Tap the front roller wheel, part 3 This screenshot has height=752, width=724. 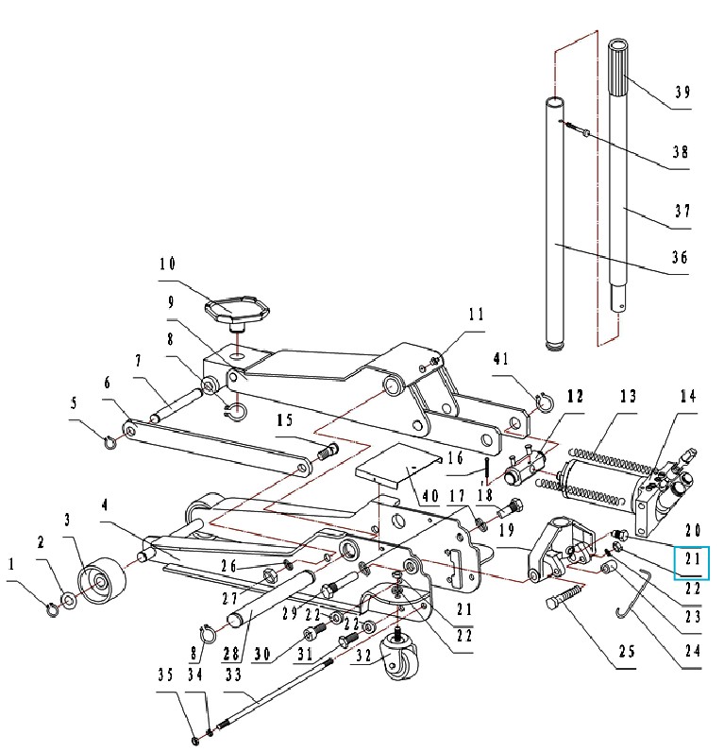coord(102,579)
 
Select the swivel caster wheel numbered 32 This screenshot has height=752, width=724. coord(400,658)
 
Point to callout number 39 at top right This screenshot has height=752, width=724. coord(682,92)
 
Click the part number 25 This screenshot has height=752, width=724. coord(627,652)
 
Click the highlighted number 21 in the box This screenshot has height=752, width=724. coord(692,559)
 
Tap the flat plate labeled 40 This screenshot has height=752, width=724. coord(397,464)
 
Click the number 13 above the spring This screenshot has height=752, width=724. coord(628,396)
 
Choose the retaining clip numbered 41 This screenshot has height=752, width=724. coord(544,402)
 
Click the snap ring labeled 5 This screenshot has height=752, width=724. coord(110,442)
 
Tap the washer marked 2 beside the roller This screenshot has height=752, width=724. coord(70,601)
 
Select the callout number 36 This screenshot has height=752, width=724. coord(680,258)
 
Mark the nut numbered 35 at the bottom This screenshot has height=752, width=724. coord(195,741)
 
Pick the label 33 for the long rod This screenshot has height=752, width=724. coord(233,675)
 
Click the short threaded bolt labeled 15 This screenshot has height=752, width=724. coord(328,452)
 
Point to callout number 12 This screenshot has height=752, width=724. coord(576,396)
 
